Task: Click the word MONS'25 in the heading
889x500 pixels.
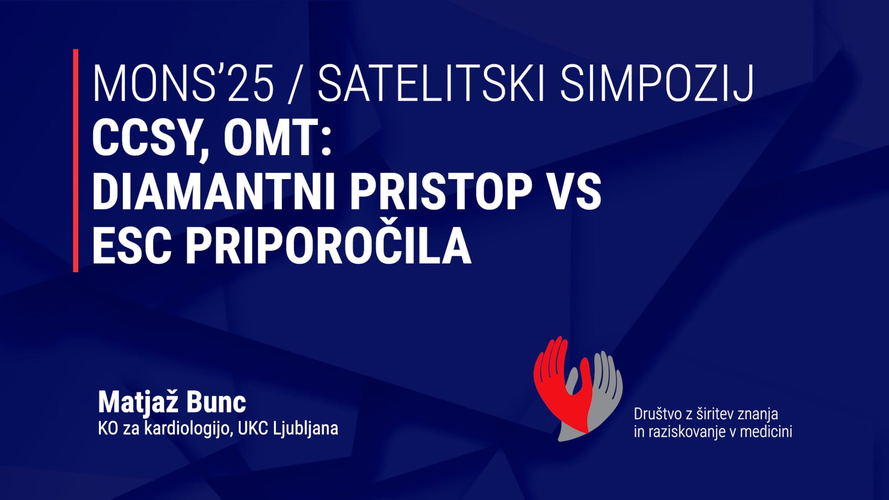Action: (183, 84)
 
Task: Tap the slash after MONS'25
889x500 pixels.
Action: (293, 85)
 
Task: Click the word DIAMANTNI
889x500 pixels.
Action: (213, 192)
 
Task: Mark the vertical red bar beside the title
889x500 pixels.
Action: (75, 160)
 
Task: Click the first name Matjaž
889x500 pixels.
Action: (138, 402)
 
